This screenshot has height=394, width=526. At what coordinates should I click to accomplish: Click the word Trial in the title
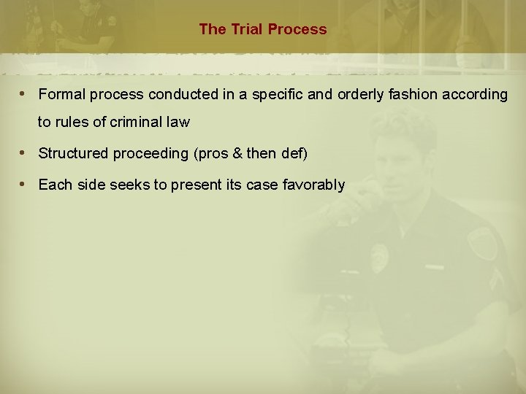tap(245, 30)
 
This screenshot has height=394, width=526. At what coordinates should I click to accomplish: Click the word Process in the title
tap(297, 30)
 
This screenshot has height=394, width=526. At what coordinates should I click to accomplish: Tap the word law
tap(179, 123)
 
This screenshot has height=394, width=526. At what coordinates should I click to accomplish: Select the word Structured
tap(72, 154)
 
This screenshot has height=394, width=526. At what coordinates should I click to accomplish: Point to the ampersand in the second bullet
tap(238, 154)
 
